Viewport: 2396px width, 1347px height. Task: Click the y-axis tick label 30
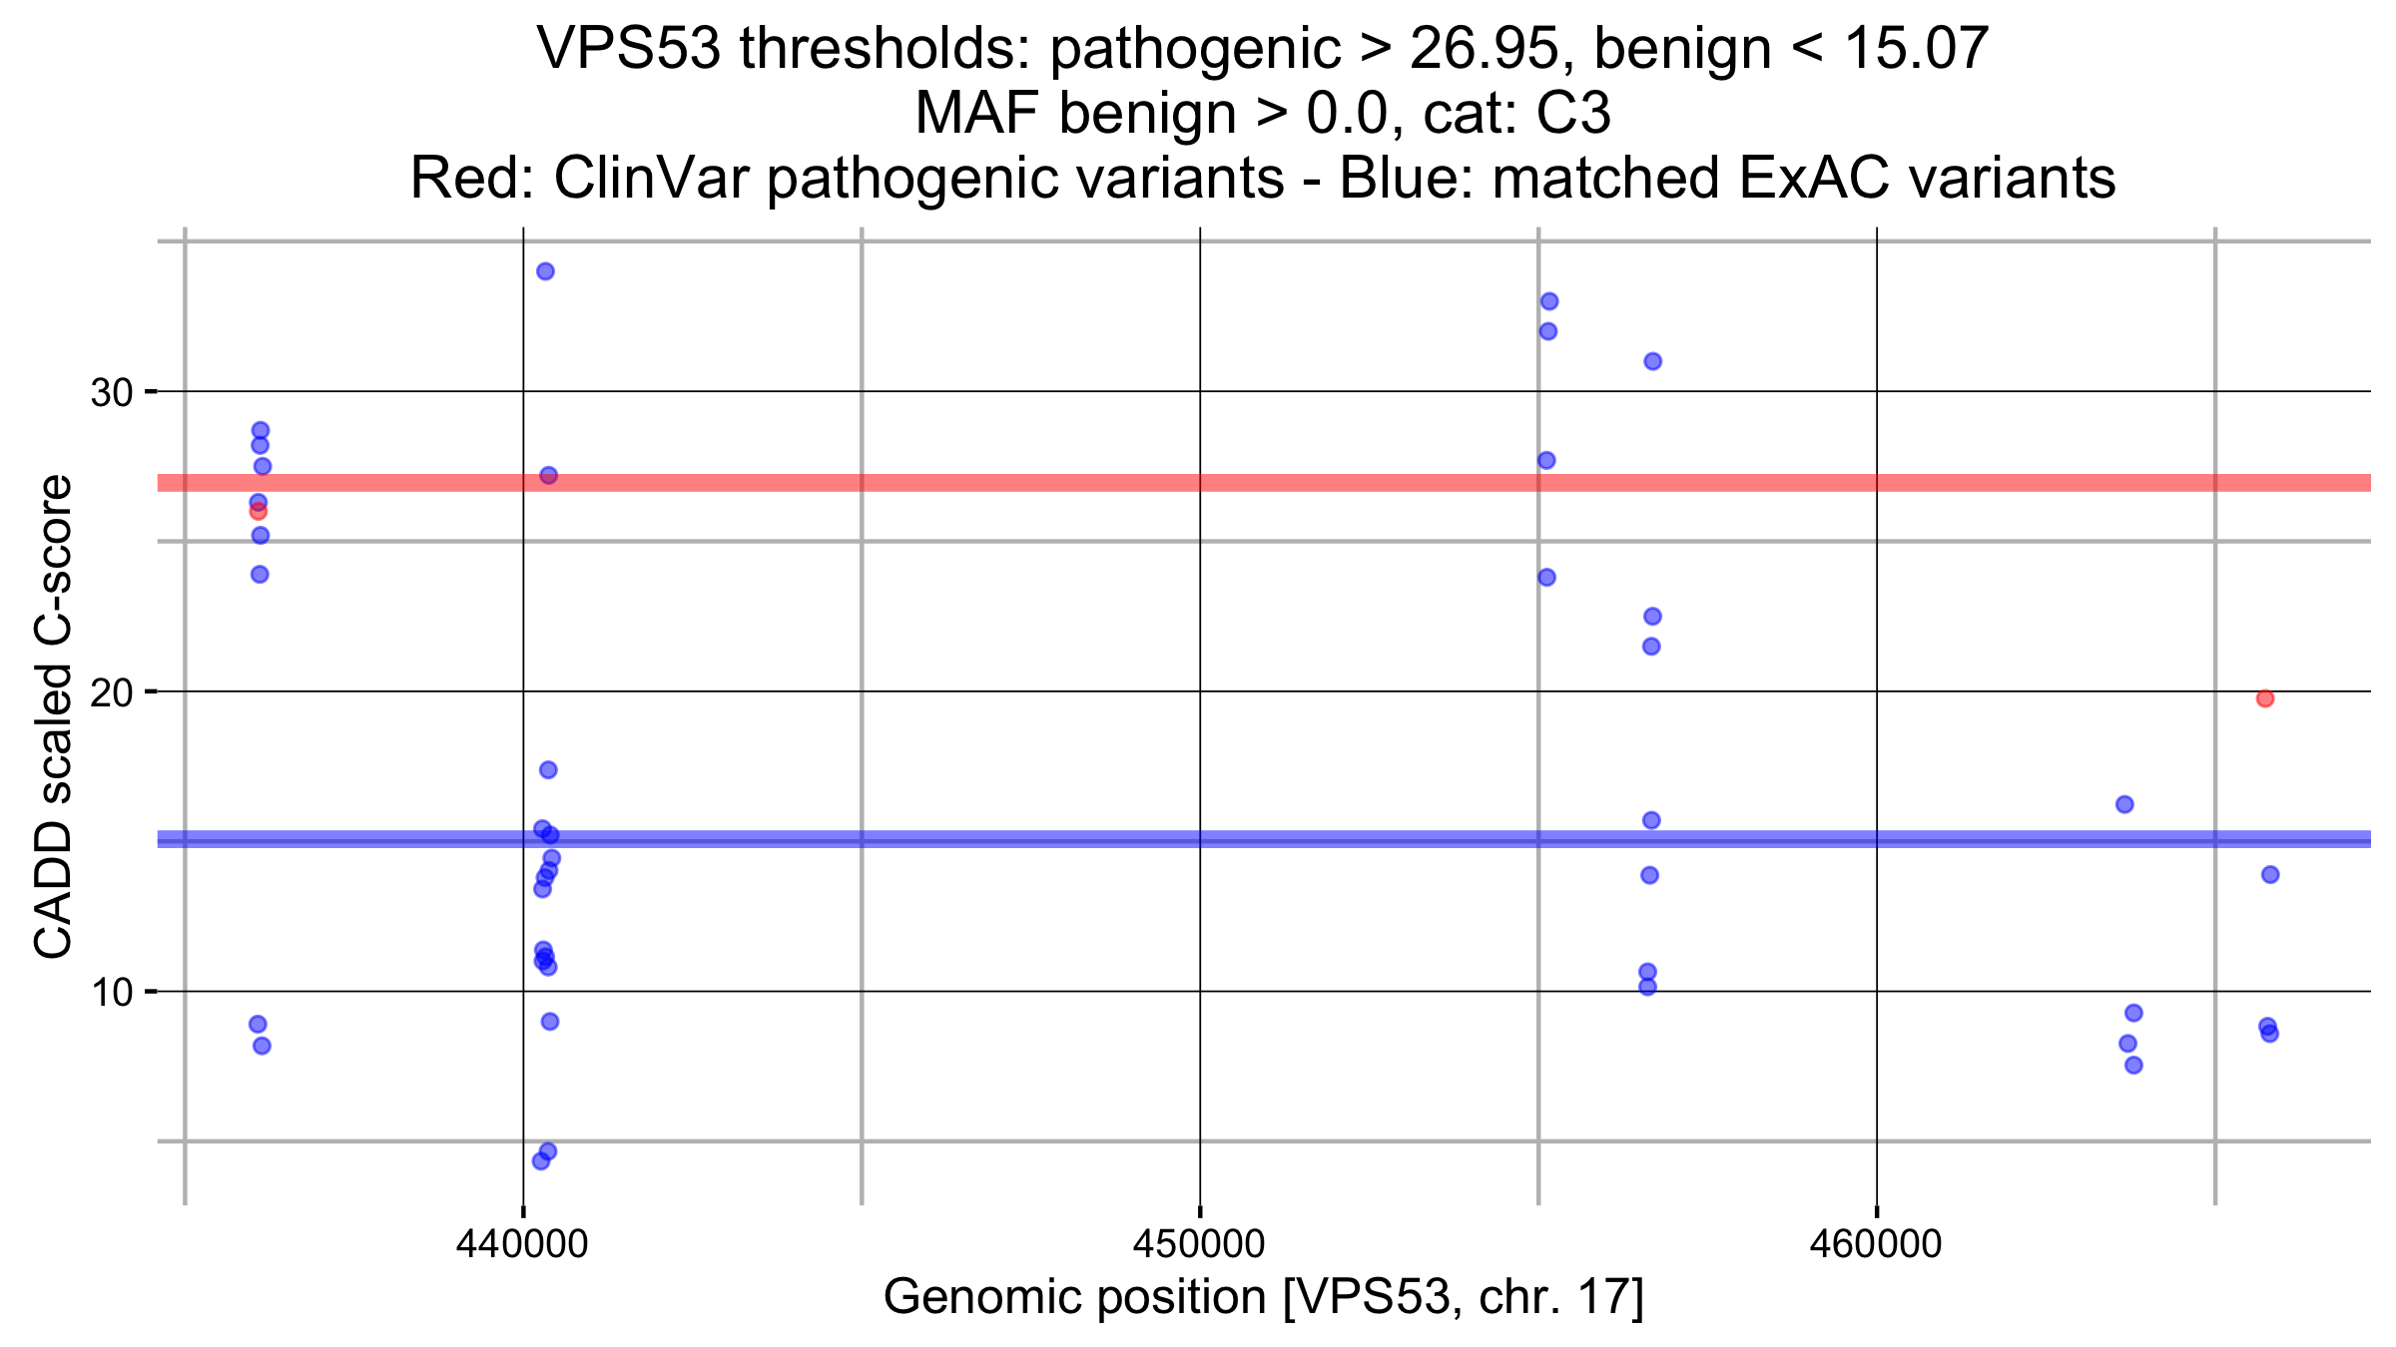click(x=111, y=393)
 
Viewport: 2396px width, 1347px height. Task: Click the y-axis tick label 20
click(x=111, y=692)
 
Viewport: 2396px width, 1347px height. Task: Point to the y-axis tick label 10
click(x=111, y=993)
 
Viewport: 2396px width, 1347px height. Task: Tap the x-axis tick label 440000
click(x=522, y=1244)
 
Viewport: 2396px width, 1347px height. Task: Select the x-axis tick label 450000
click(x=1199, y=1244)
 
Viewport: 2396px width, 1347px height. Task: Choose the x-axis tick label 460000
click(x=1876, y=1244)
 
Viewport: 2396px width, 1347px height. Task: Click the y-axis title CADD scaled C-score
click(x=54, y=716)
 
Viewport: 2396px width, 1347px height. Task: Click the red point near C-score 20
click(x=2265, y=698)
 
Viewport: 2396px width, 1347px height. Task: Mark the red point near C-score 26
click(x=258, y=512)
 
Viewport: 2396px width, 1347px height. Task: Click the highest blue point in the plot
click(x=545, y=271)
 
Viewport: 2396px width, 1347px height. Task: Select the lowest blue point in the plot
click(x=541, y=1161)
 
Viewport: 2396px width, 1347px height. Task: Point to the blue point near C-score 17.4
click(x=548, y=770)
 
